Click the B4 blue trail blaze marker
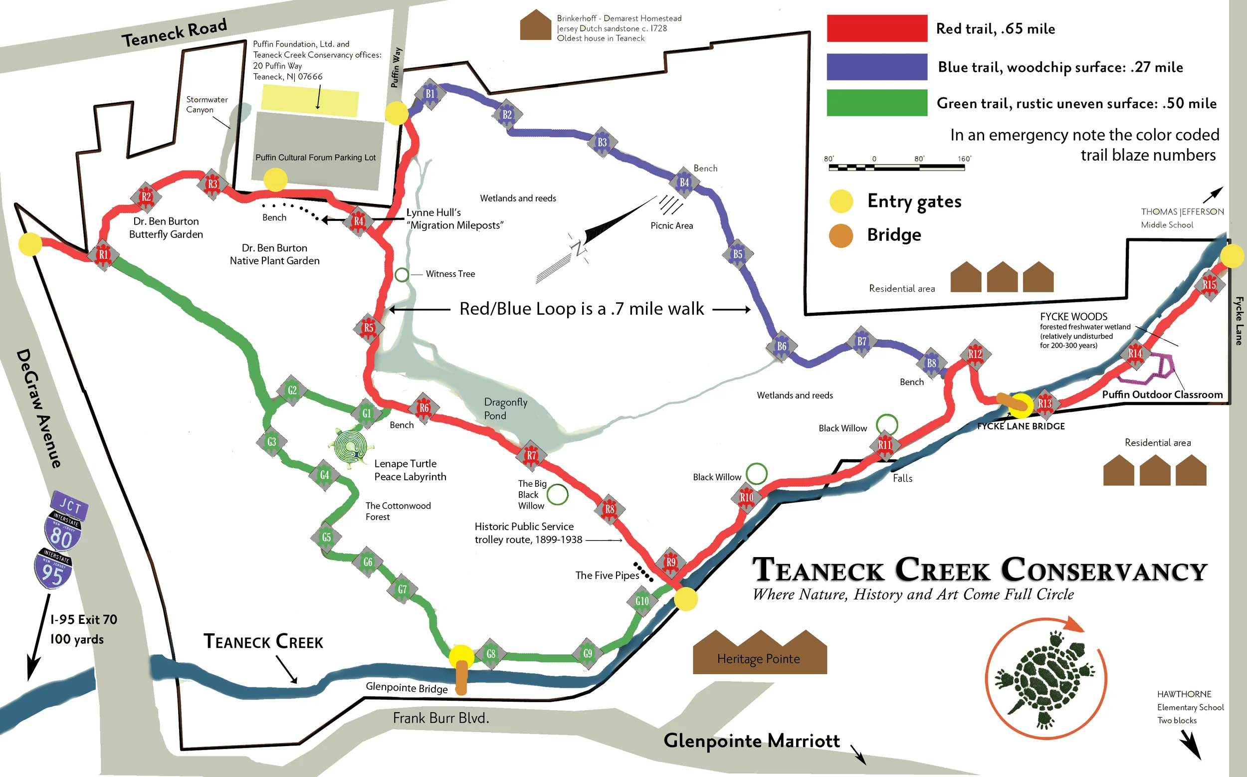tap(684, 182)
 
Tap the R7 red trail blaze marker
tap(532, 455)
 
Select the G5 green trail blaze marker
tap(326, 538)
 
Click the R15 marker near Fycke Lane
tap(1209, 285)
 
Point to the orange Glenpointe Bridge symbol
tap(461, 677)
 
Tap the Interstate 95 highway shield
tap(53, 569)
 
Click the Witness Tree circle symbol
tap(402, 274)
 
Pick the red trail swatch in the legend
tap(877, 28)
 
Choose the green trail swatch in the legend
tap(877, 103)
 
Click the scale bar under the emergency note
tap(896, 167)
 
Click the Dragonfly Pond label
tap(505, 408)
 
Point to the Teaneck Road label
tap(174, 32)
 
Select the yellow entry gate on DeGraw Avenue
tap(30, 244)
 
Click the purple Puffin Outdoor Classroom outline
tap(1149, 371)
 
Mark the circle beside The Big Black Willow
tap(557, 494)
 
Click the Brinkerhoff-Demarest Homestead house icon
tap(535, 25)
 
